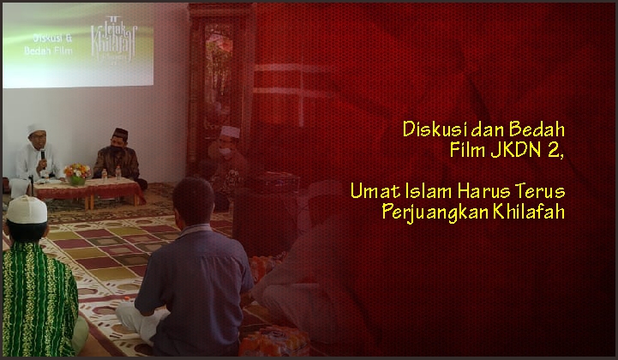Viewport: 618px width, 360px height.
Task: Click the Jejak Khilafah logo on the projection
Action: (x=113, y=39)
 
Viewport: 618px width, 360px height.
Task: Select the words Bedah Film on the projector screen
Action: (x=48, y=51)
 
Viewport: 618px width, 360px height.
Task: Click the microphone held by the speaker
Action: (x=43, y=155)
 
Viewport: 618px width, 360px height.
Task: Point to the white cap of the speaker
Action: (x=35, y=129)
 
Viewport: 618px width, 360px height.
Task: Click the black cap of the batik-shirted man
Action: (x=120, y=133)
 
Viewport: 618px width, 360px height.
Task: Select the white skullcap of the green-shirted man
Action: (x=27, y=209)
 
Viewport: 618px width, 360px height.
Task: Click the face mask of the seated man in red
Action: (x=225, y=151)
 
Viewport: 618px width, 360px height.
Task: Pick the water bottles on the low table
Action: (x=111, y=174)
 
